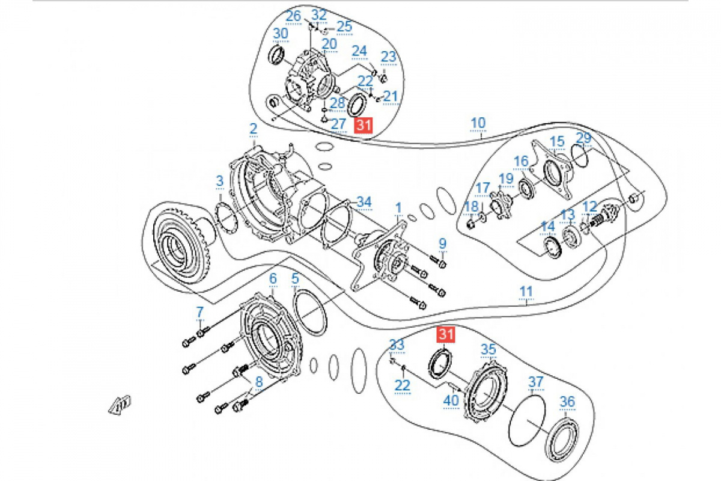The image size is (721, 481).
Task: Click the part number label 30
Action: pyautogui.click(x=281, y=33)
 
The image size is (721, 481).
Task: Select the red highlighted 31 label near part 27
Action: pyautogui.click(x=363, y=125)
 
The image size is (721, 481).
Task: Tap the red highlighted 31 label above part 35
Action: pyautogui.click(x=446, y=334)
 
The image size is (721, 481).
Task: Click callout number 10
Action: pyautogui.click(x=478, y=123)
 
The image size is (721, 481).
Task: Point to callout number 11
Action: pyautogui.click(x=526, y=292)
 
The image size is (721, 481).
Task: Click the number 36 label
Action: pyautogui.click(x=567, y=402)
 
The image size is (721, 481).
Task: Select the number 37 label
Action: pyautogui.click(x=535, y=382)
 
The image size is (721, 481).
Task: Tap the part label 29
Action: pyautogui.click(x=583, y=138)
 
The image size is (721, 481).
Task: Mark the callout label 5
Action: pyautogui.click(x=295, y=279)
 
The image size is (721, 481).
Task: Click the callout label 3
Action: pyautogui.click(x=220, y=181)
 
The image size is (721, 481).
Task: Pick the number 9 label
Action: pyautogui.click(x=442, y=244)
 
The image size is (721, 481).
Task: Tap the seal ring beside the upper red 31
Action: pyautogui.click(x=357, y=104)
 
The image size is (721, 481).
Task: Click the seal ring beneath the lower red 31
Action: pyautogui.click(x=442, y=364)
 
